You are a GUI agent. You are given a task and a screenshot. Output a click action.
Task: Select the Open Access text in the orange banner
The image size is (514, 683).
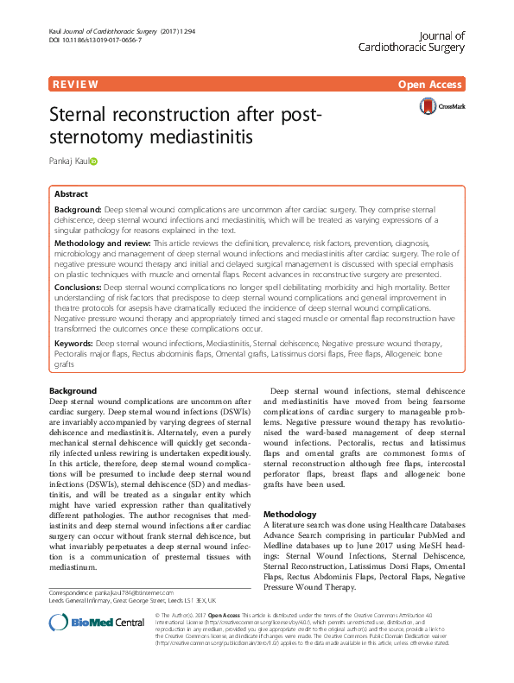coord(431,85)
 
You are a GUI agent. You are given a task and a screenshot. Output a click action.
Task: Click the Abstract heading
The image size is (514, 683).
coord(71,194)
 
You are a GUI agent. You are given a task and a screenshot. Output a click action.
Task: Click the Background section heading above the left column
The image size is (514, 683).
coord(73,391)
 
